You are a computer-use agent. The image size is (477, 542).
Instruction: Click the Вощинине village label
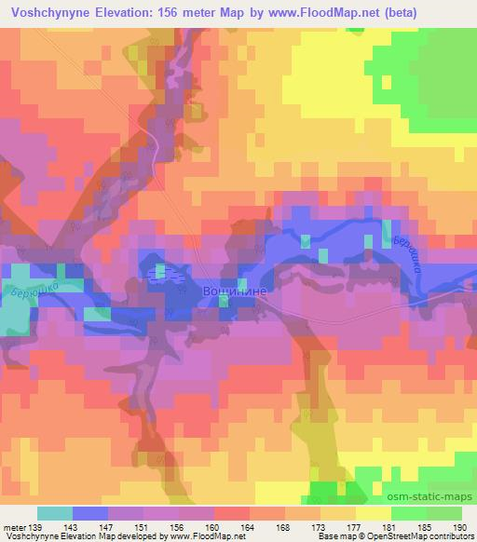tap(236, 291)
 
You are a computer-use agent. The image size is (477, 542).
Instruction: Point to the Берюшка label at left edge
tap(24, 298)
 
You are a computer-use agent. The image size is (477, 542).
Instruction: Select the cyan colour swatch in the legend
tap(54, 513)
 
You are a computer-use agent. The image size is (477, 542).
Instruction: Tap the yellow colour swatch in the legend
tap(372, 513)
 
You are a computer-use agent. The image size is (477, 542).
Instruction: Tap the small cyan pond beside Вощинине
tap(159, 272)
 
